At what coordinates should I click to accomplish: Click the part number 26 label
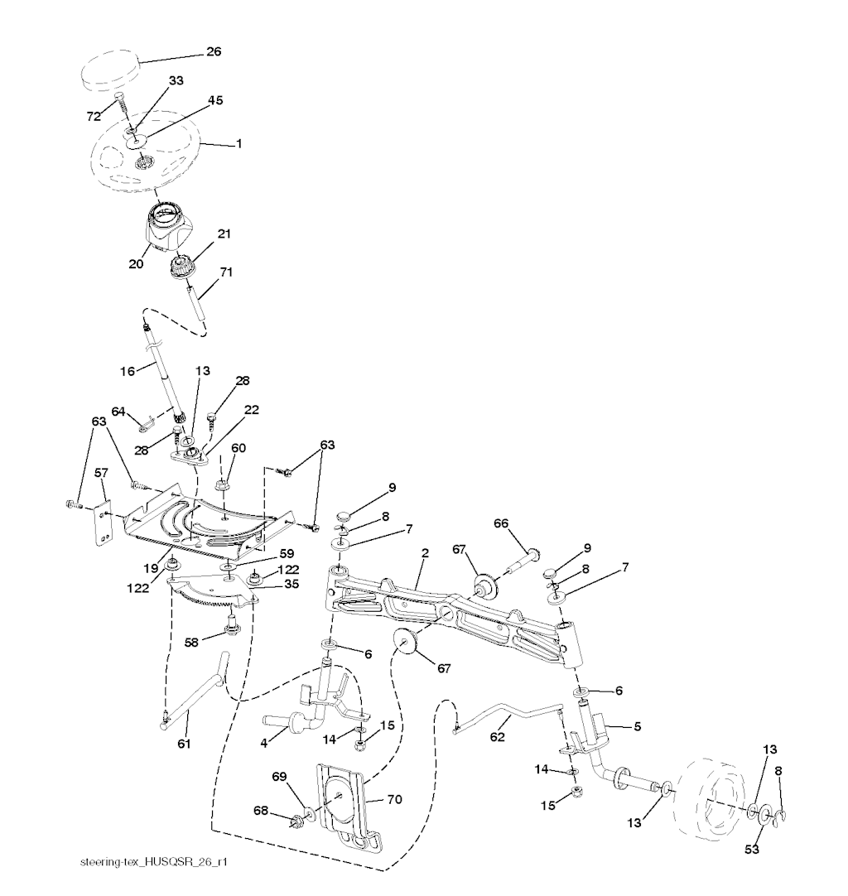[214, 52]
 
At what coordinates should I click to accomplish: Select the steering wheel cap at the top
[109, 69]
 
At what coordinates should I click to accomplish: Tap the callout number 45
[214, 101]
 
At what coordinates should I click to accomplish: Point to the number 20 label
[136, 264]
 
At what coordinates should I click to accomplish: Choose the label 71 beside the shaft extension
[226, 272]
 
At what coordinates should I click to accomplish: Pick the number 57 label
[101, 472]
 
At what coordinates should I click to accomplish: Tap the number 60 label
[238, 448]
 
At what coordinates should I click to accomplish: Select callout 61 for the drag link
[184, 744]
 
